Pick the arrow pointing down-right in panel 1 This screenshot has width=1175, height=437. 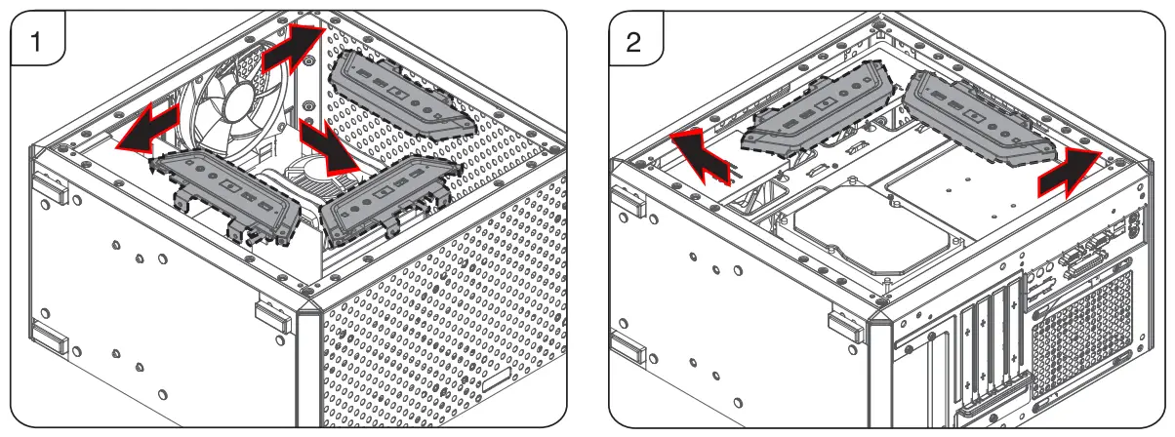click(326, 147)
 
